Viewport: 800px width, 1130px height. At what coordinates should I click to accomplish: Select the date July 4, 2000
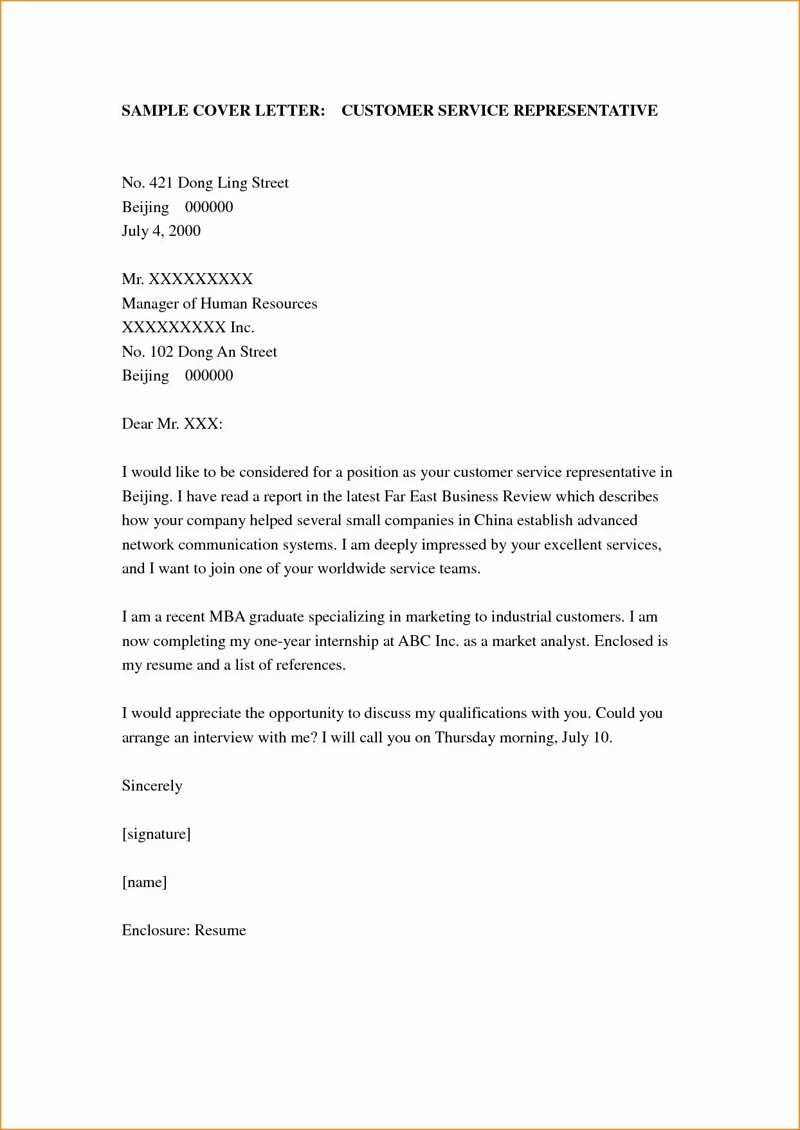[161, 231]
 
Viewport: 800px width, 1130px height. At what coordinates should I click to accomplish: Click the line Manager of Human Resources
[219, 303]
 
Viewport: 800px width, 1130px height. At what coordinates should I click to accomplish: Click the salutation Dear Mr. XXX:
[172, 424]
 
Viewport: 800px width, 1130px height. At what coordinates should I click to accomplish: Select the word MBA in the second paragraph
[226, 617]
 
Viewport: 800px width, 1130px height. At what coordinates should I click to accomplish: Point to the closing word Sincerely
[152, 786]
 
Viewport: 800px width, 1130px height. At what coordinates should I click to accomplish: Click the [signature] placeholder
[156, 834]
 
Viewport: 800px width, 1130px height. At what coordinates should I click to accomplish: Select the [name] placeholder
[144, 882]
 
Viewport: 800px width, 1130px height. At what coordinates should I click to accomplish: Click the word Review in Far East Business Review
[526, 496]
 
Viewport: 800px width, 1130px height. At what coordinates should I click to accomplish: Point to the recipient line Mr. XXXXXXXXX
[187, 279]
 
